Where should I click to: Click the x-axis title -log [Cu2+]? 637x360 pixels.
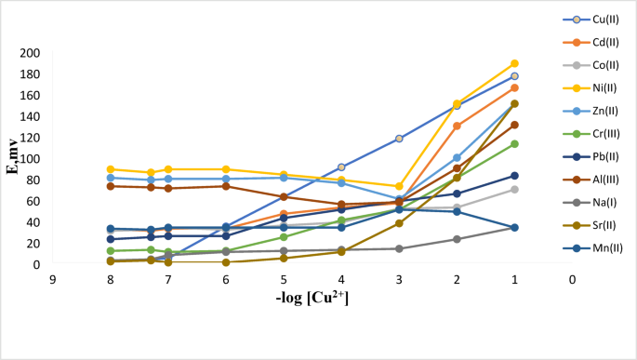312,298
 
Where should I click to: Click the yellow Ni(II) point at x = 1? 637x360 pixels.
514,63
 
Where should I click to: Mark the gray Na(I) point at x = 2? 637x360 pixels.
457,239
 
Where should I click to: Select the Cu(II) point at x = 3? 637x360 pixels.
399,139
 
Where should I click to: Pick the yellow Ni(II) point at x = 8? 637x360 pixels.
111,169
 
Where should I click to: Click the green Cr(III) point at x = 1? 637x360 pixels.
514,144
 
